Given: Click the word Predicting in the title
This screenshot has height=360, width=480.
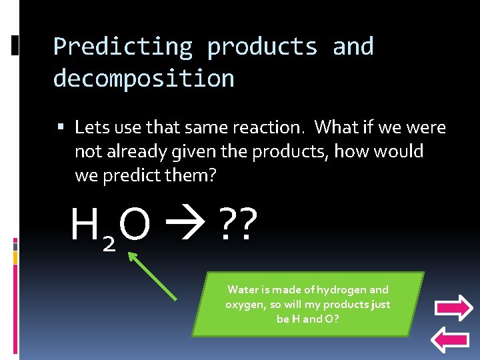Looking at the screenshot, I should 122,47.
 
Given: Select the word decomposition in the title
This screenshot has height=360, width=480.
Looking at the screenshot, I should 143,79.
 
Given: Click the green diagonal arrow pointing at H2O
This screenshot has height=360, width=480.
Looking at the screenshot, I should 153,276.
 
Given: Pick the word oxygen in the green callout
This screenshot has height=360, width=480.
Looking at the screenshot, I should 244,304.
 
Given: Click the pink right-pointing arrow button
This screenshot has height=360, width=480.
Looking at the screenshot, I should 453,308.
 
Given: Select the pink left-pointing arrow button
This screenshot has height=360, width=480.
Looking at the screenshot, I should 453,341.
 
